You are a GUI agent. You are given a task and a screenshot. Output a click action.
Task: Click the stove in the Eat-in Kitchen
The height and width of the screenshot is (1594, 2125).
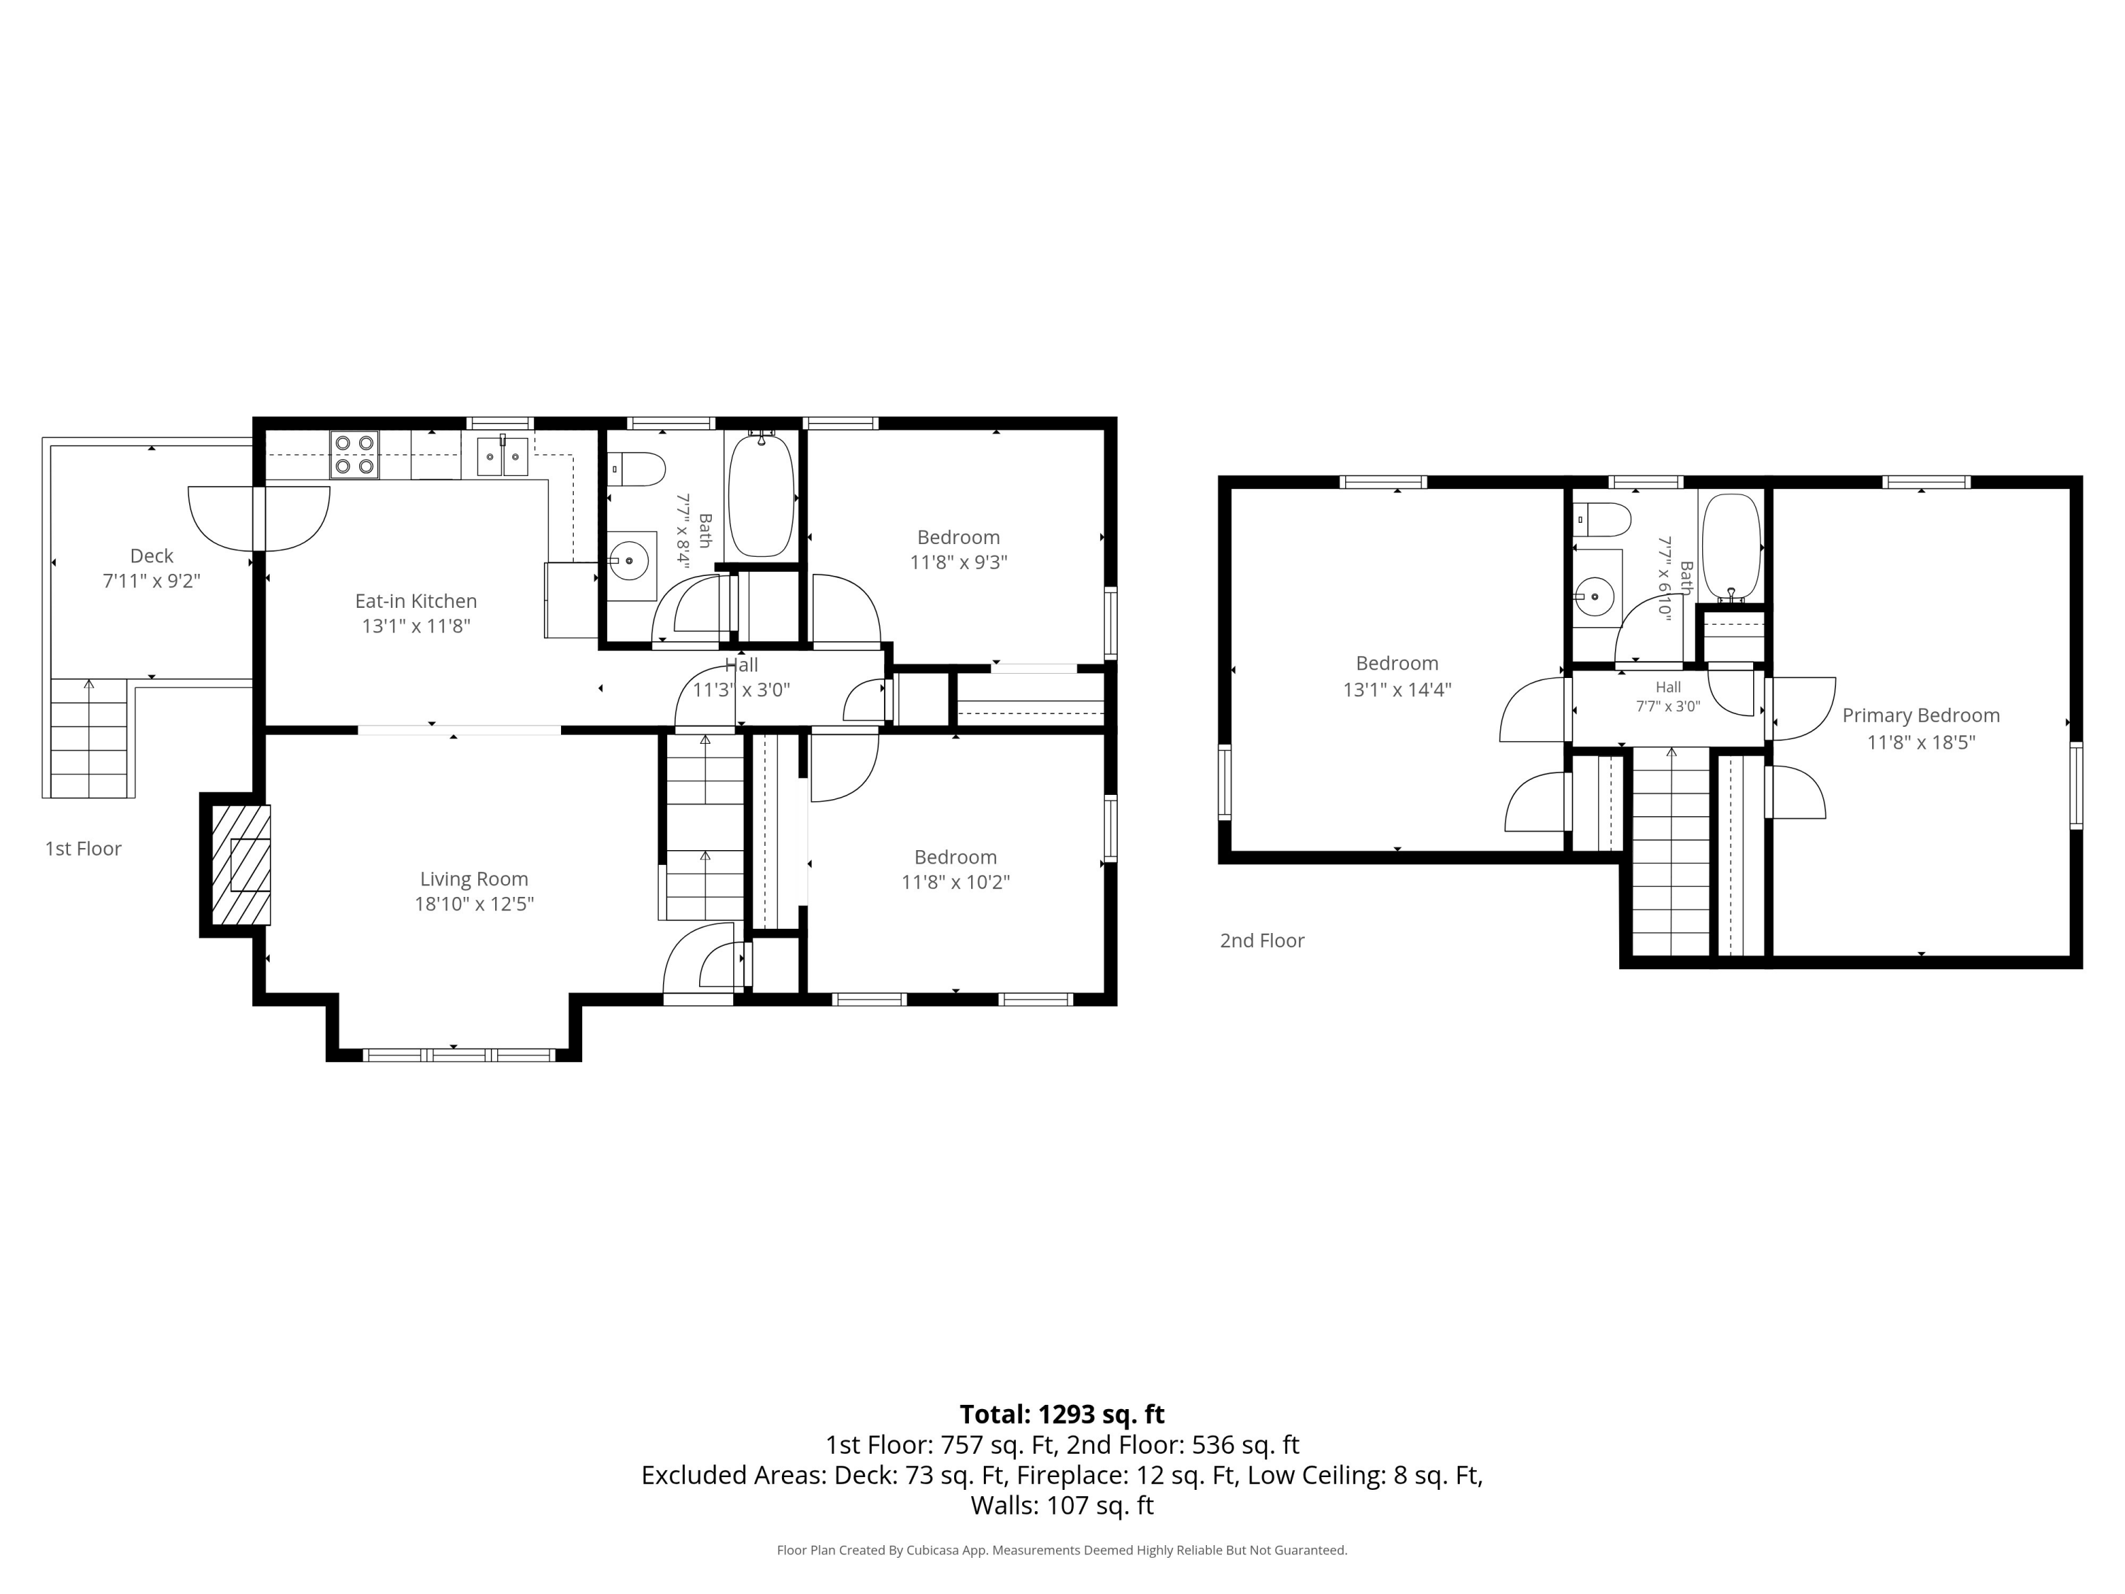coord(354,456)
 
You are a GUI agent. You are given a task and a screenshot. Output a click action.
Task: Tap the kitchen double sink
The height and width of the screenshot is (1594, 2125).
coord(502,456)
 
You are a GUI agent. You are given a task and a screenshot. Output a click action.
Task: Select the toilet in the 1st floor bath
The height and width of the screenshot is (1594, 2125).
coord(636,470)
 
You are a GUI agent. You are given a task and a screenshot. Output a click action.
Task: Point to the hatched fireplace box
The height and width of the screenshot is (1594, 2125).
coord(240,865)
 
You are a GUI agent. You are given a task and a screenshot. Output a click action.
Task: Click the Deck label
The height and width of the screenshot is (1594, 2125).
coord(152,556)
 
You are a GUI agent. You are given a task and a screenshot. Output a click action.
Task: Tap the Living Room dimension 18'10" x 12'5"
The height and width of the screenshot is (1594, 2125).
coord(475,904)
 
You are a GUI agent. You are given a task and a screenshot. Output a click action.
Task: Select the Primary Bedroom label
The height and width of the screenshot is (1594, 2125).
coord(1921,716)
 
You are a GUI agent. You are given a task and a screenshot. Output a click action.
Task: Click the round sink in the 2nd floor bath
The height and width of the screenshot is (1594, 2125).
coord(1594,597)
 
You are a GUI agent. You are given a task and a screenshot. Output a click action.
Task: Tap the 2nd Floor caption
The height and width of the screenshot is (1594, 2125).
coord(1262,941)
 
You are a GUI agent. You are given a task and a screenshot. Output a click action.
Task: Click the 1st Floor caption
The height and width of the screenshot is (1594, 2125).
coord(84,849)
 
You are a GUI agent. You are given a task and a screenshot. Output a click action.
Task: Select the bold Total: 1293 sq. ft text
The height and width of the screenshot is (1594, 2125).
coord(1062,1414)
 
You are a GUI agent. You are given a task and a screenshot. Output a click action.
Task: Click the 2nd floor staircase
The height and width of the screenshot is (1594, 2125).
coord(1672,852)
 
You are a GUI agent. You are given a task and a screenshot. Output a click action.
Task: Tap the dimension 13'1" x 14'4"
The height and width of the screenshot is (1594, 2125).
coord(1398,689)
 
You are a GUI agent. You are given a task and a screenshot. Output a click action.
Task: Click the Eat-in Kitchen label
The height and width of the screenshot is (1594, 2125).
coord(416,601)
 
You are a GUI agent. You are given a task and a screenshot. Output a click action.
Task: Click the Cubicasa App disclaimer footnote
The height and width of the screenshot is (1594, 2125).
coord(1062,1550)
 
